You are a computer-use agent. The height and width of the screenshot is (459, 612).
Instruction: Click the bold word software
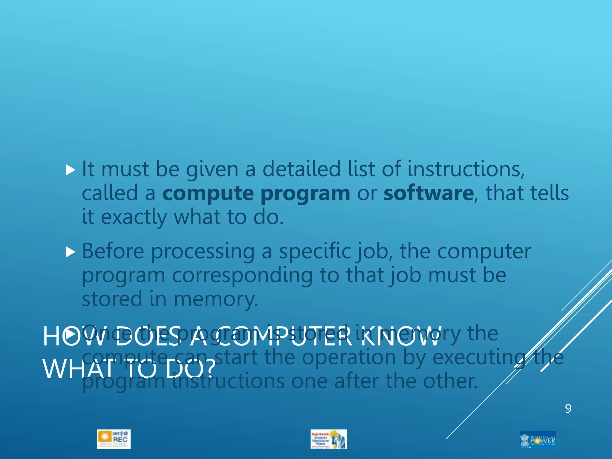tap(429, 193)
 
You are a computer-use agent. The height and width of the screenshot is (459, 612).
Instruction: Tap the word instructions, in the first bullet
tap(466, 169)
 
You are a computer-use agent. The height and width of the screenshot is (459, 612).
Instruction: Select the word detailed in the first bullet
tap(302, 169)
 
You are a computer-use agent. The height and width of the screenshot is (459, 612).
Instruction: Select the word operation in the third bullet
tap(349, 357)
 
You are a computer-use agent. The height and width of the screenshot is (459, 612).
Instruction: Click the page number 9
tap(568, 408)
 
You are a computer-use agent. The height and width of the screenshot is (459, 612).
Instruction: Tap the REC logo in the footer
tap(114, 439)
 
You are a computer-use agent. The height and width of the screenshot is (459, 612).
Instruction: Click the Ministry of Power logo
tap(538, 439)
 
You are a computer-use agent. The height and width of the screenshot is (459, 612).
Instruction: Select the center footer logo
tap(328, 439)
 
